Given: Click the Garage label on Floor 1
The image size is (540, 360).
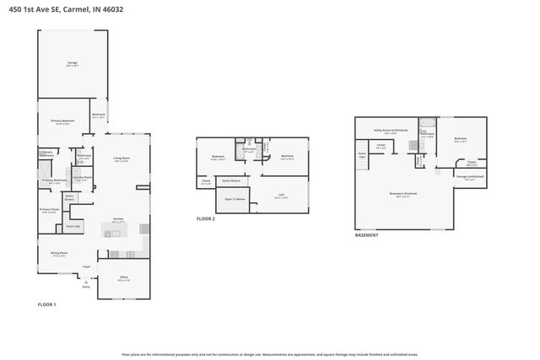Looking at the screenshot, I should pos(73,64).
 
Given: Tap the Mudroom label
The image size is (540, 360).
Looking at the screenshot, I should pos(99,116).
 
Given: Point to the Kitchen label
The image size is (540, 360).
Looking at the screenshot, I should pos(118,219).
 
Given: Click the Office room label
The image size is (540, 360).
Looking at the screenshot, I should pos(123,279).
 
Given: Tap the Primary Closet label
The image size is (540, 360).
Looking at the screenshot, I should pos(50,211).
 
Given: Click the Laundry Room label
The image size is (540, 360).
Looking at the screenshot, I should pos(82,178).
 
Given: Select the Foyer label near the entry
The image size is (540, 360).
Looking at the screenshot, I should pos(86,267).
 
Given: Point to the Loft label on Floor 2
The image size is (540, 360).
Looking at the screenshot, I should pos(280,196).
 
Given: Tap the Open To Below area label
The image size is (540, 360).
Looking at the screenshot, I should pos(235,199).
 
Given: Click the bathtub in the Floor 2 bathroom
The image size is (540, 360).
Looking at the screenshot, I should pos(239,142).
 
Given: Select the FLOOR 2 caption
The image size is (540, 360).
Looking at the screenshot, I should pos(206,218).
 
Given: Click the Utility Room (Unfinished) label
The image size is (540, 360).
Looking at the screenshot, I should pos(391,131).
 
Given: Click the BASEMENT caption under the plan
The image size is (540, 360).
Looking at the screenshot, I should pos(366,235).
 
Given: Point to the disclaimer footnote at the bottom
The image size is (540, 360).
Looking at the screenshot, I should pos(270,355).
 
